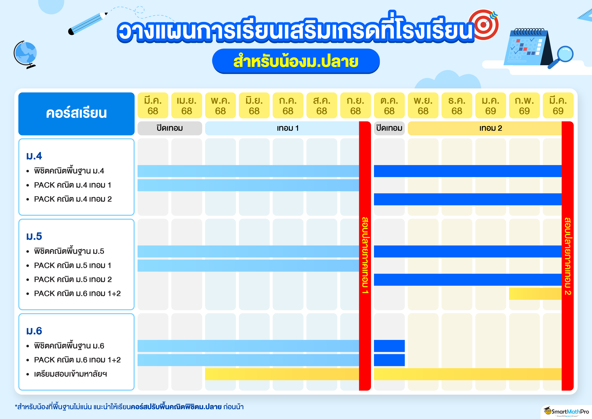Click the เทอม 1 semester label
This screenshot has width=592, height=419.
tap(288, 128)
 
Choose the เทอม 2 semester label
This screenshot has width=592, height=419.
tap(491, 128)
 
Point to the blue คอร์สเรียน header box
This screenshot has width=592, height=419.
tap(76, 114)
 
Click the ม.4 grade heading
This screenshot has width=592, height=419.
tap(34, 156)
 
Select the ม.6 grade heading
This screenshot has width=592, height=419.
tap(34, 331)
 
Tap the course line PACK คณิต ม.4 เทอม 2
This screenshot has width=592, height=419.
tap(73, 199)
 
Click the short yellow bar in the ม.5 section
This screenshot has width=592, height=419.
tap(535, 294)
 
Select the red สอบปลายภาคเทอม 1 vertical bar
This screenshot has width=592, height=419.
tap(365, 256)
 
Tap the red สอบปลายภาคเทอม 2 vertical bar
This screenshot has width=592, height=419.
tap(568, 256)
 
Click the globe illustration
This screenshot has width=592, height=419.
tap(25, 54)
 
